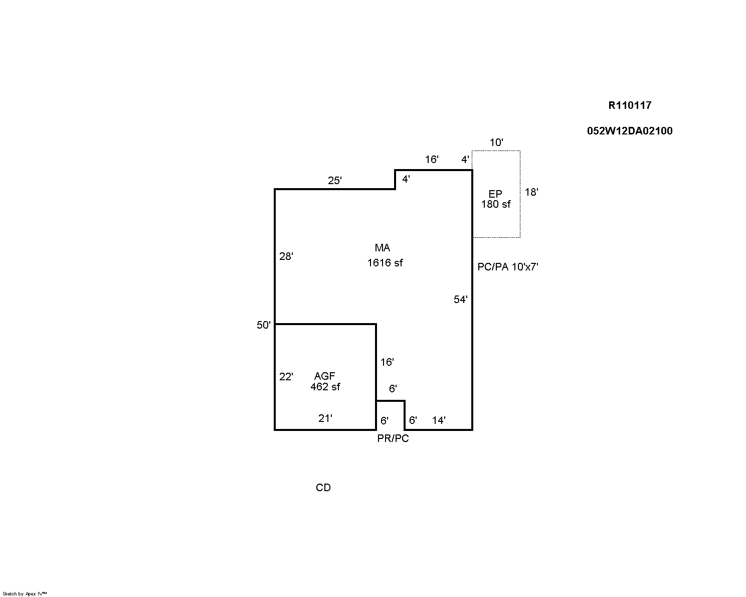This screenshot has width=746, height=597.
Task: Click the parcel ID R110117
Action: click(630, 105)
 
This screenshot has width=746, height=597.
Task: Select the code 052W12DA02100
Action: click(630, 131)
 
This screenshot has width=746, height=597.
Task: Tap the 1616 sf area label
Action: click(385, 263)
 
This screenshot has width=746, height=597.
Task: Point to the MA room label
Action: click(383, 248)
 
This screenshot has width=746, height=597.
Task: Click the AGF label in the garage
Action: click(324, 376)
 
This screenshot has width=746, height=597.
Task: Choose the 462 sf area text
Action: click(325, 387)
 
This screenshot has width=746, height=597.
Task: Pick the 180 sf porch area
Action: click(496, 204)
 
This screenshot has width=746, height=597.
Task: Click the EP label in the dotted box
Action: click(495, 194)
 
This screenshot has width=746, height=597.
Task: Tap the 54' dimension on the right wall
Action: click(461, 300)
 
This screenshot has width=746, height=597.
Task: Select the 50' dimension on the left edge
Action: click(264, 325)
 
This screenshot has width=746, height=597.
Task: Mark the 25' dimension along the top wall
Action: click(335, 181)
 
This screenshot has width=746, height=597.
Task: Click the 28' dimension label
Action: click(286, 256)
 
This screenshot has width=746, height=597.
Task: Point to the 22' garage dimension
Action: click(286, 377)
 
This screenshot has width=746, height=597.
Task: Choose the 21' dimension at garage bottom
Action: click(325, 418)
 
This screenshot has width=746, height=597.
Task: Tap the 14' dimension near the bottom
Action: click(439, 420)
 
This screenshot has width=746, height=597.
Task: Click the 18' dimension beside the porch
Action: click(531, 192)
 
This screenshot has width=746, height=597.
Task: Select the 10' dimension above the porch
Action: click(496, 142)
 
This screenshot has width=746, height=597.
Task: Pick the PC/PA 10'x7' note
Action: click(508, 267)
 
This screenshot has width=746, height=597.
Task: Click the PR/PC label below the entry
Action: click(393, 438)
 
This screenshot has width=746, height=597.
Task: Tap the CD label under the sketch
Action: click(323, 488)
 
